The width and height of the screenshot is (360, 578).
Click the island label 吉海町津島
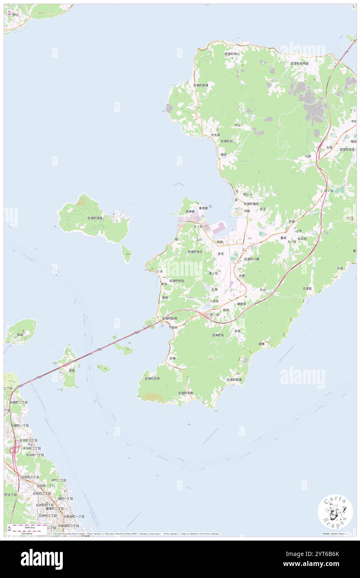95,218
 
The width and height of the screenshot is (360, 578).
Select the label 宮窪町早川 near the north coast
232,54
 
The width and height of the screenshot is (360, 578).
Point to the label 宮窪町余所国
299,64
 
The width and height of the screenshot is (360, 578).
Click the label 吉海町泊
227,141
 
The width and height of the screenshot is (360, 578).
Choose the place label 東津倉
203,208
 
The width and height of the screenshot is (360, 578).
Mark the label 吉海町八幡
252,259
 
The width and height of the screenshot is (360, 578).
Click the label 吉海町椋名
176,281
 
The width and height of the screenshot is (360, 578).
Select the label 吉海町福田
251,204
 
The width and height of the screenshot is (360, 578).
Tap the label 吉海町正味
152,378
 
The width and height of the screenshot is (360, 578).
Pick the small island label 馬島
72,370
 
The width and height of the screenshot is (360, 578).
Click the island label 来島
20,334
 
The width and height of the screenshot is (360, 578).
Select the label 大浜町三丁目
28,440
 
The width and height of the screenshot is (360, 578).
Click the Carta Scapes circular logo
335,512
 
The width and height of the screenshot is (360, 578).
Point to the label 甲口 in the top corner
15,15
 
